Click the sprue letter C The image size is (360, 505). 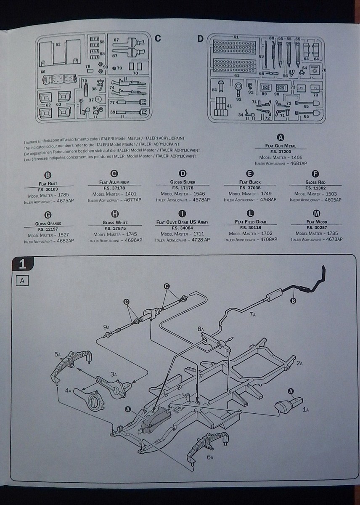158,39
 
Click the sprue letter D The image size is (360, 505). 200,39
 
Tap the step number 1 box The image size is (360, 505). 23,264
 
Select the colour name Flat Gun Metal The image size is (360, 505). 281,146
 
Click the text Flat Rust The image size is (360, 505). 47,183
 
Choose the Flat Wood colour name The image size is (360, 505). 317,222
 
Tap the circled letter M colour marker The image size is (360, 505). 317,214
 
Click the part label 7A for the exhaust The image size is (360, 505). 252,314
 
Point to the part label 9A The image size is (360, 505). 106,327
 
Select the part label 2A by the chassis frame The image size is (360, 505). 299,363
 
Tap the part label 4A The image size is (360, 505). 68,391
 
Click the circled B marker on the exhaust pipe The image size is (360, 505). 293,300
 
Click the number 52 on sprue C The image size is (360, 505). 58,44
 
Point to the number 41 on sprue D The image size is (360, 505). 229,106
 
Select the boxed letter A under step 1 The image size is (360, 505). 22,281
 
